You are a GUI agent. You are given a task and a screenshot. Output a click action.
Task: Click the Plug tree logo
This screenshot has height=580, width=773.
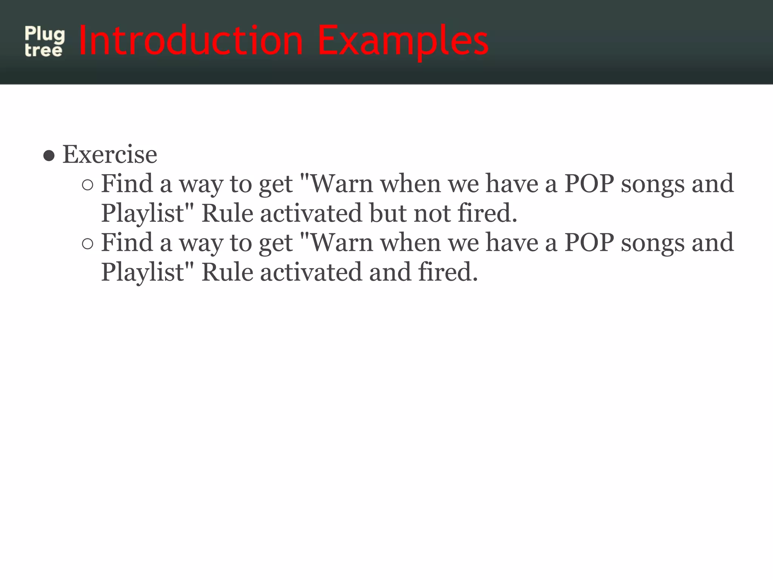tap(45, 42)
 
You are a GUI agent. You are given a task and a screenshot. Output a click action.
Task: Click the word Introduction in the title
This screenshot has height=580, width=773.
tap(191, 40)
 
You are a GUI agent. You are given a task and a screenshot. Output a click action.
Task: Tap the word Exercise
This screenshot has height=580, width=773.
tap(109, 154)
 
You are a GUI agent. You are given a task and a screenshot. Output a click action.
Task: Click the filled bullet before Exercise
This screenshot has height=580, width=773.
tap(49, 155)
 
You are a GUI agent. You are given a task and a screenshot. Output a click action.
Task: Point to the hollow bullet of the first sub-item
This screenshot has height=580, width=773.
tap(87, 185)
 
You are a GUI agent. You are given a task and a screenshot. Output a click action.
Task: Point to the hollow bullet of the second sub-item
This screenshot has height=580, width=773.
tap(87, 244)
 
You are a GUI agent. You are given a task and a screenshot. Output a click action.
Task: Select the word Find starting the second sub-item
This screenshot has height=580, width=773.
tap(126, 243)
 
